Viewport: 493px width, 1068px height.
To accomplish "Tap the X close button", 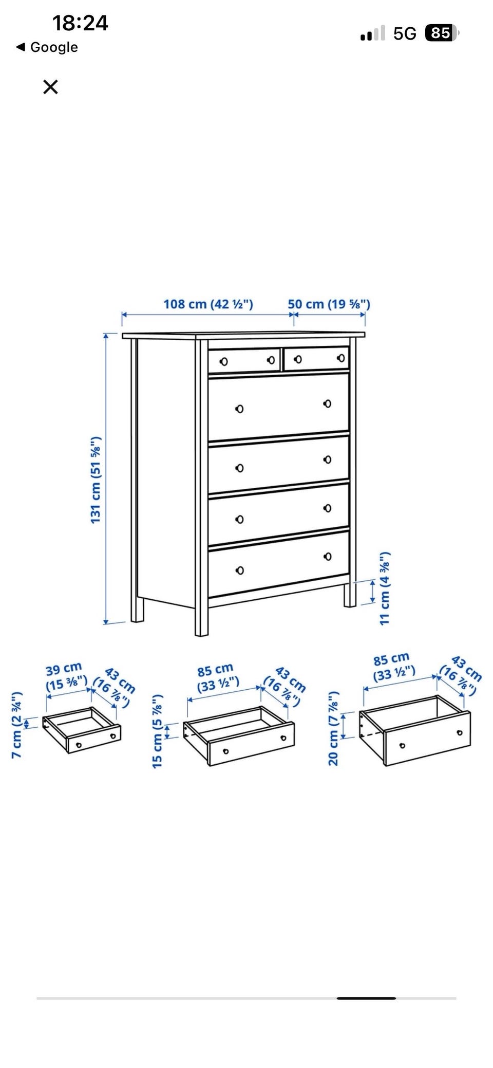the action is point(50,87).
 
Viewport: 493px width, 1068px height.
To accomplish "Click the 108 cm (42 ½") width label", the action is point(208,304).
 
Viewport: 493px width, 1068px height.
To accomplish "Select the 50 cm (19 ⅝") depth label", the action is point(329,304).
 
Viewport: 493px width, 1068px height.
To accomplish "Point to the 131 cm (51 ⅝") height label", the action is point(96,480).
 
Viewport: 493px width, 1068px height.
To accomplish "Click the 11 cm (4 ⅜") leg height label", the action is point(385,588).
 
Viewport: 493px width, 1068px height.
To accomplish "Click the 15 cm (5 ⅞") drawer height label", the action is point(157,731).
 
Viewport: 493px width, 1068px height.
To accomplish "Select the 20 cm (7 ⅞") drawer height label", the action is point(333,728).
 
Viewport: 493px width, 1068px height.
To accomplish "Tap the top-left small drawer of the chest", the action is point(244,360).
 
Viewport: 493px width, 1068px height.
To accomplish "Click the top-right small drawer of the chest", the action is point(316,358).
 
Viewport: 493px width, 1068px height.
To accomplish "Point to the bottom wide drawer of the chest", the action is point(278,563).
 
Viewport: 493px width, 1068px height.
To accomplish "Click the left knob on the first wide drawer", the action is point(239,409).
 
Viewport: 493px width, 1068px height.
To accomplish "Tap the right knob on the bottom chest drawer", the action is point(327,557).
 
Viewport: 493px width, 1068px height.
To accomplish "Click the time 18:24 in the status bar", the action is point(80,23).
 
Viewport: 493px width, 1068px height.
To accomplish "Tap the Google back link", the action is point(47,47).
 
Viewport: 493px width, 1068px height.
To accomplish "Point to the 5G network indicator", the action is point(405,33).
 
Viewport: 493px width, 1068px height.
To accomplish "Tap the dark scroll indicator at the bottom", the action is point(366,998).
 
